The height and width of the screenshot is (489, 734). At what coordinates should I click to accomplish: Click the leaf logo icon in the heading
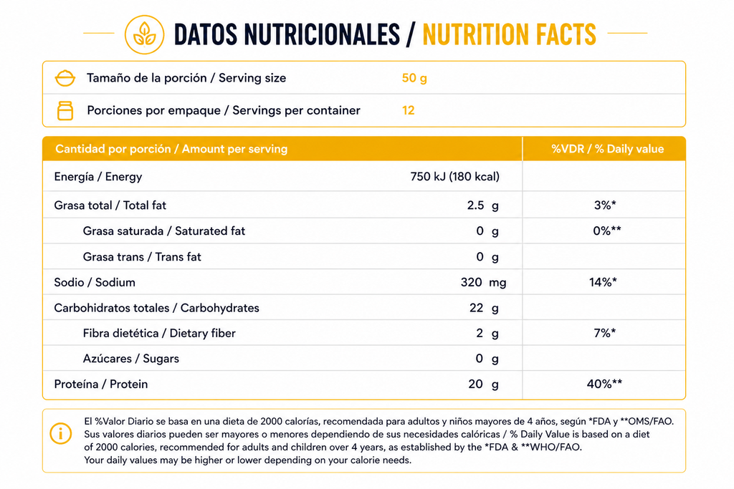(144, 34)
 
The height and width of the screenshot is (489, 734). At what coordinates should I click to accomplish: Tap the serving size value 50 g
(414, 78)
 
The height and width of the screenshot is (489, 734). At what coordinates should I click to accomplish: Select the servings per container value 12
(408, 110)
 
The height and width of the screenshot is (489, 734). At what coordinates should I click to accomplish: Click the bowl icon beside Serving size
(65, 78)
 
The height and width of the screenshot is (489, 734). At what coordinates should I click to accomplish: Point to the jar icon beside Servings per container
(65, 111)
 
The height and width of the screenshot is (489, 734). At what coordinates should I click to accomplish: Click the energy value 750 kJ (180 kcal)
(454, 177)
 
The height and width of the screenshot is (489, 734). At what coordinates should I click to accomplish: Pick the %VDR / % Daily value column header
(607, 149)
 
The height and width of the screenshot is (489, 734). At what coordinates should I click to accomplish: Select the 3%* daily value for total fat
(605, 205)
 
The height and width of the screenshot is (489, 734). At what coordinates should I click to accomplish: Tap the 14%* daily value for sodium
(603, 282)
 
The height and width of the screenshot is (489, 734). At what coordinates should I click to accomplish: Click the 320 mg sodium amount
(483, 282)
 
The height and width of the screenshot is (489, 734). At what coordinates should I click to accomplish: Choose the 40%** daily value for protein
(604, 384)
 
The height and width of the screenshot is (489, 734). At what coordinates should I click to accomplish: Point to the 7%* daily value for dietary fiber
(605, 333)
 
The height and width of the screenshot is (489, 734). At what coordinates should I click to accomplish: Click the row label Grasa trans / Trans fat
(142, 256)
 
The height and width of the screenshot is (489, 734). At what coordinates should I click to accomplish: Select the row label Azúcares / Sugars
(131, 359)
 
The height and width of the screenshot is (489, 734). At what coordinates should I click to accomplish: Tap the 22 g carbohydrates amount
(484, 308)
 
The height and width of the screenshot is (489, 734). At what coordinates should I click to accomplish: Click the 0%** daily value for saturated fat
(606, 231)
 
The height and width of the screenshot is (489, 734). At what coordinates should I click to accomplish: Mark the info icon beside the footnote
(61, 433)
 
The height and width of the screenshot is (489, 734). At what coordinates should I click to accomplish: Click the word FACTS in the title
(566, 34)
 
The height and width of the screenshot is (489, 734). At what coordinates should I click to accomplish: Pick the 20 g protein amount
(484, 384)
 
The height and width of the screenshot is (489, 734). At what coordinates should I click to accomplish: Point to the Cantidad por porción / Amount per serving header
(171, 149)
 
